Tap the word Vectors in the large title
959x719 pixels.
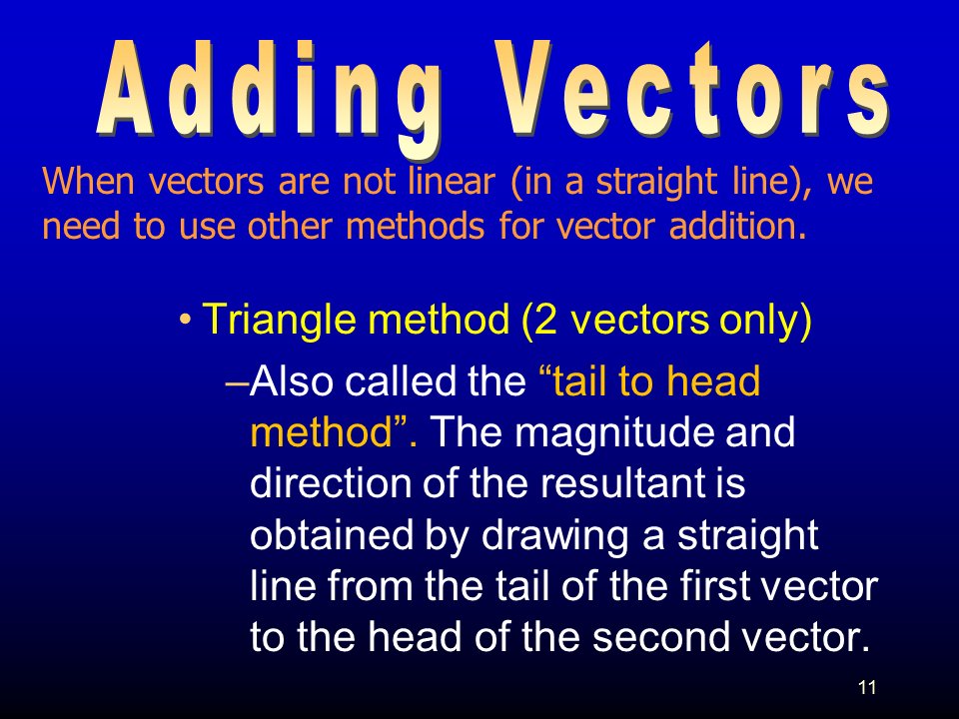pos(692,89)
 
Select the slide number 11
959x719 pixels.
pos(867,687)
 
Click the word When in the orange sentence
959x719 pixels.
pos(89,181)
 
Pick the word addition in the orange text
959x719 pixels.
pos(737,226)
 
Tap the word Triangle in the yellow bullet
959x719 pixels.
pos(279,321)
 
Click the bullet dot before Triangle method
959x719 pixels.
pos(185,320)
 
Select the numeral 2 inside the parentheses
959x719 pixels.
pos(545,320)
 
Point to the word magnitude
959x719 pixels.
pos(615,433)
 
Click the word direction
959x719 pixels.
pos(331,483)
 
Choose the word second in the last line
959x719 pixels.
pos(661,636)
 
